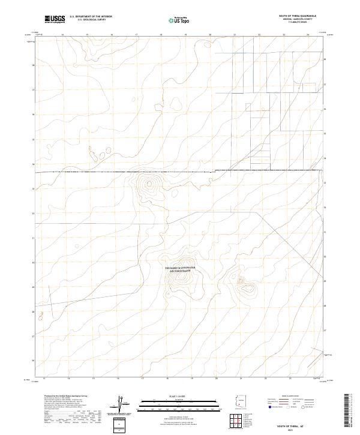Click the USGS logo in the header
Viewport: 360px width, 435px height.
[x=55, y=20]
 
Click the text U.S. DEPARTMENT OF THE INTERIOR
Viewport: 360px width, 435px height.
[x=91, y=17]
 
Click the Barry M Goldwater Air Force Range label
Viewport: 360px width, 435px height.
[x=181, y=269]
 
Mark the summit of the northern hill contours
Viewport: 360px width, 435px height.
[x=148, y=183]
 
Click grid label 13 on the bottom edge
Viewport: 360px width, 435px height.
[x=44, y=379]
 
